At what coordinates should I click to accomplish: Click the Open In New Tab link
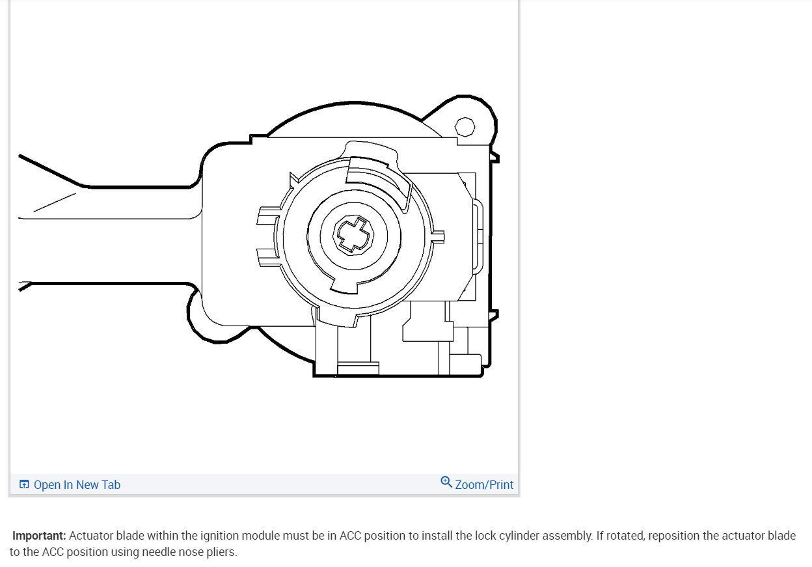tap(77, 485)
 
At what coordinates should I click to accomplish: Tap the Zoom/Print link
tap(484, 485)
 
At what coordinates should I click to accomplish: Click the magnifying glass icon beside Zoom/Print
tap(446, 482)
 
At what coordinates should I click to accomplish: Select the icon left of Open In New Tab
tap(24, 484)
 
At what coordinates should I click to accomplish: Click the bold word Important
tap(39, 536)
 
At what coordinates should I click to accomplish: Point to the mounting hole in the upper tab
tap(465, 127)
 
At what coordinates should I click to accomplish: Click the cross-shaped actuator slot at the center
tap(353, 235)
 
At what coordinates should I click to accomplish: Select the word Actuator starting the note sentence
tap(90, 536)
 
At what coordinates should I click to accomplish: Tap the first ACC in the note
tap(350, 536)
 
